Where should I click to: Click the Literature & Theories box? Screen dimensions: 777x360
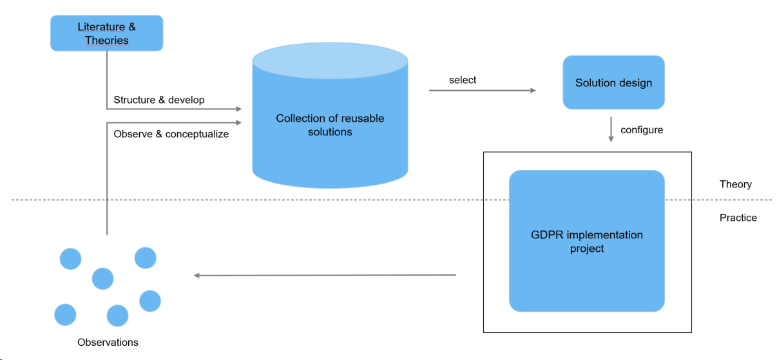106,33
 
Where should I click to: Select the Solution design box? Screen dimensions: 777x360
613,82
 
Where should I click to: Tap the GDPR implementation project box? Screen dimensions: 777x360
586,241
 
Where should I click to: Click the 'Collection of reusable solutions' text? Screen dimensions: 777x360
330,125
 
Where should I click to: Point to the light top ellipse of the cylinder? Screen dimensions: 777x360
330,61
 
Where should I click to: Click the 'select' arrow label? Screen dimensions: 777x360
463,80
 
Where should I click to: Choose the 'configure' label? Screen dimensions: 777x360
642,130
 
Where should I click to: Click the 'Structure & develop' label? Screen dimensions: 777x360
159,100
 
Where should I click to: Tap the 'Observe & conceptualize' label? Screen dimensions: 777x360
171,134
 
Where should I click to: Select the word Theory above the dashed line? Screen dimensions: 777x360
735,184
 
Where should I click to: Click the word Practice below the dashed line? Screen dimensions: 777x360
738,218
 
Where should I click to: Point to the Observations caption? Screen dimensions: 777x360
108,343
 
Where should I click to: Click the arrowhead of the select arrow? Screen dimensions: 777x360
533,91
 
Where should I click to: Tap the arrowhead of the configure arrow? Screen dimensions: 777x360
611,139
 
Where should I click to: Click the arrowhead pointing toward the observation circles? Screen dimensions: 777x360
197,276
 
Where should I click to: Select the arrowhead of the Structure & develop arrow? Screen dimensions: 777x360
238,109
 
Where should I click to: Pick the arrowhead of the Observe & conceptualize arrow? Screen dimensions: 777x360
238,122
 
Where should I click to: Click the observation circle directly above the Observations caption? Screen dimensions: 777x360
118,316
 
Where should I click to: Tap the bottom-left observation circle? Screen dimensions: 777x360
65,314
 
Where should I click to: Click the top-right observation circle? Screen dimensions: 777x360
146,258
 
